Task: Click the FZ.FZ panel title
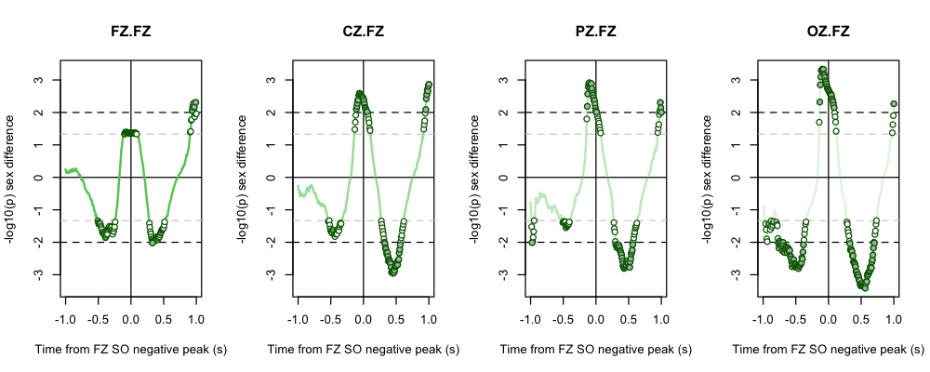130,32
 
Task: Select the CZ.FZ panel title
363,32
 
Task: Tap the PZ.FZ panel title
595,32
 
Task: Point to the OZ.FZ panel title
828,32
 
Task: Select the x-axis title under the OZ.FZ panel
828,350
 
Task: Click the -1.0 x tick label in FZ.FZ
63,318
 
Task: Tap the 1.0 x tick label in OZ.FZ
894,318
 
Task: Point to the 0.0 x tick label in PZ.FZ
595,318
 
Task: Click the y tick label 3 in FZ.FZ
38,80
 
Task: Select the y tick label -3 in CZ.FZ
268,275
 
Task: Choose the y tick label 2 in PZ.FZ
503,113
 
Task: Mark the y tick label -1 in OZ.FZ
733,210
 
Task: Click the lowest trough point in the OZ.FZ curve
864,286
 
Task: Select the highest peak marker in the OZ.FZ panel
822,70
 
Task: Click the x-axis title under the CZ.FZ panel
363,350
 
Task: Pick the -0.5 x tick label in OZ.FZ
793,318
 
